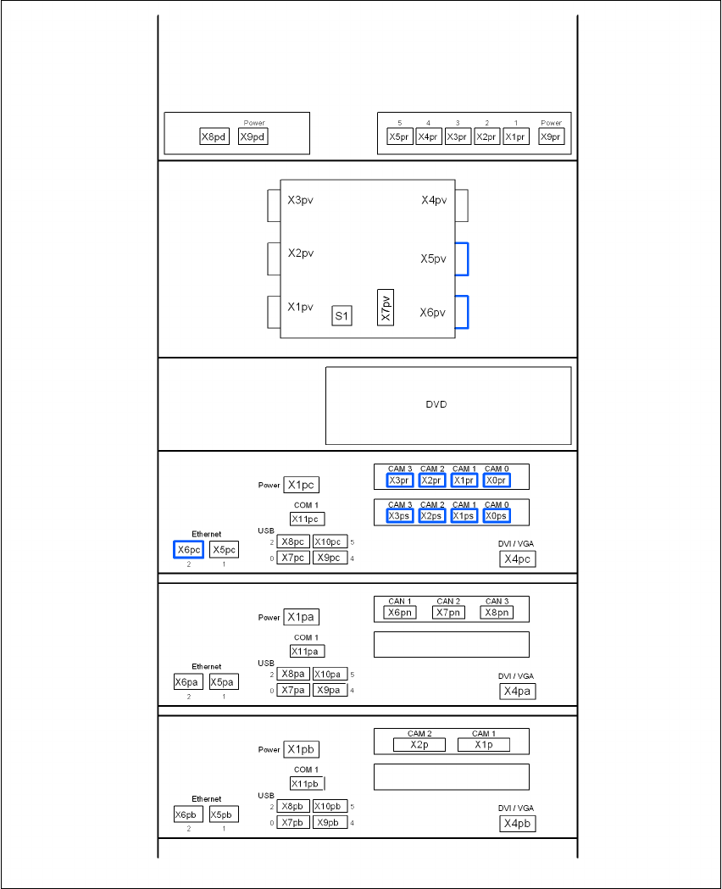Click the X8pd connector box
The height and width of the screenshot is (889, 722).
tap(214, 136)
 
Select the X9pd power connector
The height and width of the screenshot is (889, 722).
tap(253, 136)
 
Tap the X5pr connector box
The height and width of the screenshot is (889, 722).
tap(399, 136)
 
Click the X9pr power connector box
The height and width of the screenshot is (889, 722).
tap(551, 136)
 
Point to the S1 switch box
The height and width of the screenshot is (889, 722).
tap(342, 316)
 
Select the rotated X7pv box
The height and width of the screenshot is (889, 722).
tap(386, 308)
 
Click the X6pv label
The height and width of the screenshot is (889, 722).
tap(432, 313)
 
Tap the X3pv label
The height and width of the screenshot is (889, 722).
tap(300, 201)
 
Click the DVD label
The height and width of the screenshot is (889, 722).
tap(436, 404)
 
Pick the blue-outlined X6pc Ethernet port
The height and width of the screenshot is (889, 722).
tap(188, 549)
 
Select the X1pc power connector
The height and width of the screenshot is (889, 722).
tap(301, 485)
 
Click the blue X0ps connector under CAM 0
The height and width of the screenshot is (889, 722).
tap(497, 516)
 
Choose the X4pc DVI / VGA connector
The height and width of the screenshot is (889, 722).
tap(517, 558)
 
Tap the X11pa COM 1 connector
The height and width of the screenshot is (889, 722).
tap(307, 651)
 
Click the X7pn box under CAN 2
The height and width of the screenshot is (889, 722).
tap(448, 612)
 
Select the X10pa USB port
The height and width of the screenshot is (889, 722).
tap(330, 675)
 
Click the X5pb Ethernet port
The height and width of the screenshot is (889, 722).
tap(224, 814)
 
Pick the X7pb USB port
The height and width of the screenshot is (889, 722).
tap(293, 823)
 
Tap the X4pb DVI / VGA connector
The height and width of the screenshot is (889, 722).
tap(517, 823)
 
